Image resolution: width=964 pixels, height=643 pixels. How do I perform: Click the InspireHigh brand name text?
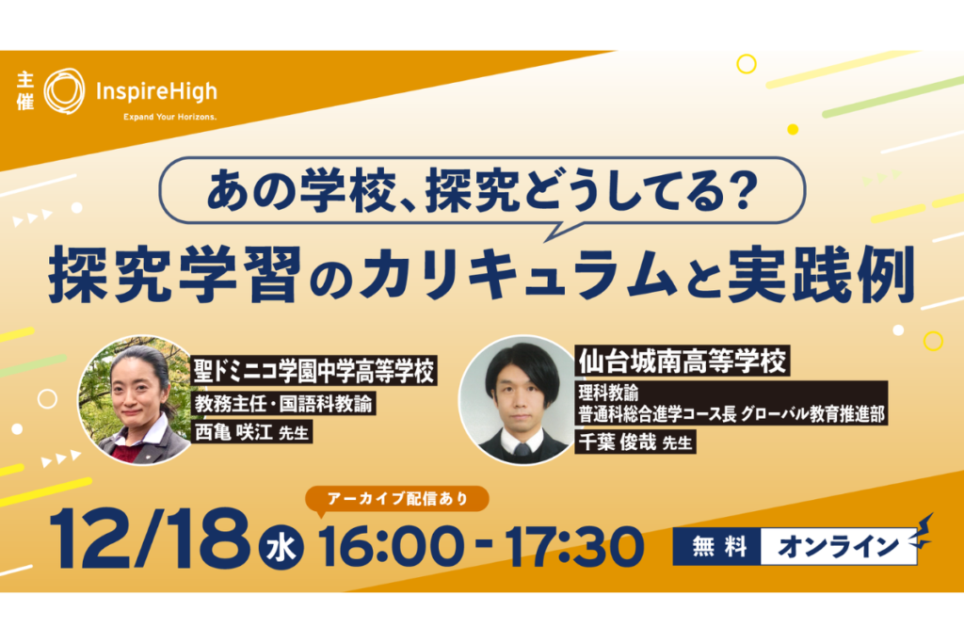[157, 92]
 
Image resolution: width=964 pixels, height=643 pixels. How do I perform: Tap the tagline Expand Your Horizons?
[169, 117]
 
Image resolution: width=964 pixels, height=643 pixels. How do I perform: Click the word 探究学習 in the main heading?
[175, 275]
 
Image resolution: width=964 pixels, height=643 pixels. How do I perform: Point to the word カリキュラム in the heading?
[519, 275]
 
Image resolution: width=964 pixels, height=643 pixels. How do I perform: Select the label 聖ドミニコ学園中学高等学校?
[314, 371]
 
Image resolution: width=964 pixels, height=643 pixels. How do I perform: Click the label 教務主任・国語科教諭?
[284, 403]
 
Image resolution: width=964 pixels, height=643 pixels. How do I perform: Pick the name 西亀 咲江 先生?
[252, 432]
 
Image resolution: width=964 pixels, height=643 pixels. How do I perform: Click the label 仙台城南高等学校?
[683, 361]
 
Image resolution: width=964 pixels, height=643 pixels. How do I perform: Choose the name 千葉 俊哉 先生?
[635, 442]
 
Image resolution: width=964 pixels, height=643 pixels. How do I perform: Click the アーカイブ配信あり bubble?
[397, 499]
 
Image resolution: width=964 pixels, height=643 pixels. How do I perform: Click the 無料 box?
[717, 546]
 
